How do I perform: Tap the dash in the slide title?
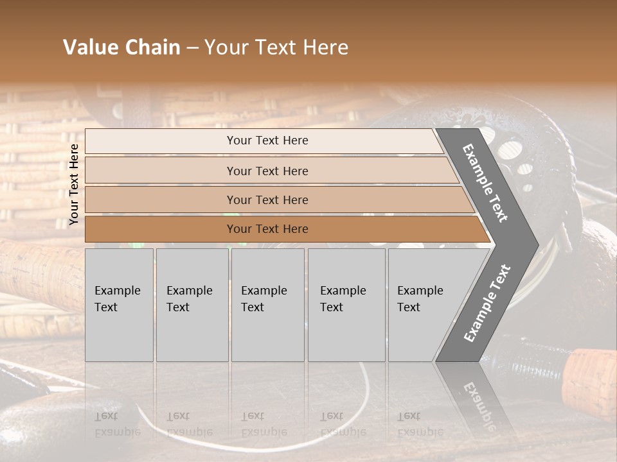192,48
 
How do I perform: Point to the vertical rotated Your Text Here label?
74,184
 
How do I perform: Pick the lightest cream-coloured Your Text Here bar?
267,141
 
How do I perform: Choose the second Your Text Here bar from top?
267,171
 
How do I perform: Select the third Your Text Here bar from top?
267,200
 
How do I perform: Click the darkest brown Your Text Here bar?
267,229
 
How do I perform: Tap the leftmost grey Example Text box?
119,305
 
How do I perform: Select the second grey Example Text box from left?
192,305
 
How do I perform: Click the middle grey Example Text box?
267,305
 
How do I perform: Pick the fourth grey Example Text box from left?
346,305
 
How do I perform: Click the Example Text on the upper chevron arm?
485,183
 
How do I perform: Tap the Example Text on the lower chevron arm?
487,303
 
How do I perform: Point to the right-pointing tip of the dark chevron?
537,245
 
